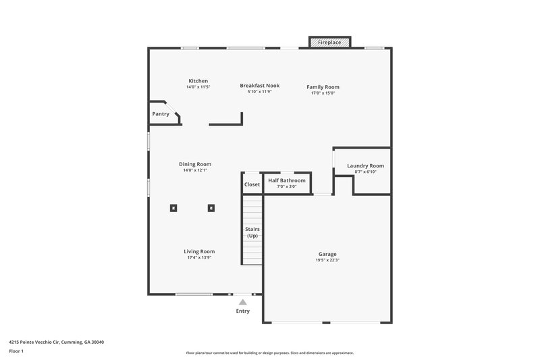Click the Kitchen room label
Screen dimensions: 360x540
198,81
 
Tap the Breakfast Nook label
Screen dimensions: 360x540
259,86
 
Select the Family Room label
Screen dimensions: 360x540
323,87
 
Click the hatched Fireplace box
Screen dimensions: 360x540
330,43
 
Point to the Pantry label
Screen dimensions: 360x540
161,114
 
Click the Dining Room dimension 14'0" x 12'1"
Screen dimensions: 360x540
195,170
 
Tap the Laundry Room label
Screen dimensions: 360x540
365,166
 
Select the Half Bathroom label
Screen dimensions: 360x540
287,181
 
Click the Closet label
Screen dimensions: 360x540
252,184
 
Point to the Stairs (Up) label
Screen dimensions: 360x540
252,233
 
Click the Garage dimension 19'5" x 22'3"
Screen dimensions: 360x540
327,261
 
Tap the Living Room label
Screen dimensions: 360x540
199,251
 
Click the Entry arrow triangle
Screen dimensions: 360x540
243,302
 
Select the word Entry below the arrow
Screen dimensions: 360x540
243,311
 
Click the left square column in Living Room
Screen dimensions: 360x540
173,208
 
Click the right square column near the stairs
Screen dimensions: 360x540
211,208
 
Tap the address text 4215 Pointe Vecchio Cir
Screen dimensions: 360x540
56,342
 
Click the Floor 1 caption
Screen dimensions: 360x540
17,351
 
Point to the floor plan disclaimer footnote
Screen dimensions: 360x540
269,353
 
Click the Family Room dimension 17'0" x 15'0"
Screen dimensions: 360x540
323,93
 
